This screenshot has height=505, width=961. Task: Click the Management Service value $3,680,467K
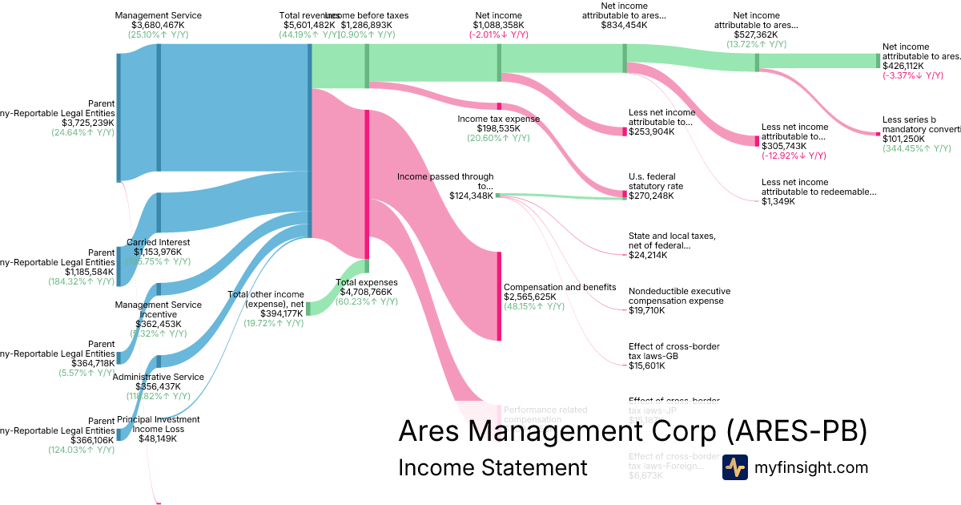coord(159,25)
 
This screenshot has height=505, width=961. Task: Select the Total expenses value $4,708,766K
coord(367,292)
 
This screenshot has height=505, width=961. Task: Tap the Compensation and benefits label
coord(560,287)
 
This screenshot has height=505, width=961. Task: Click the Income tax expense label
coord(498,119)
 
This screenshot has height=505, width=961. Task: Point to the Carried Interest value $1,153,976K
coord(159,252)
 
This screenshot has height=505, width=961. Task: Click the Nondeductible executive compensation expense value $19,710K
coord(649,310)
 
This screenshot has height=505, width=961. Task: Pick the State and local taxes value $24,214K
coord(649,255)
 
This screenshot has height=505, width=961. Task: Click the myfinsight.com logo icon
coord(735,467)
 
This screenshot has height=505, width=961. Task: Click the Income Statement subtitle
coord(493,467)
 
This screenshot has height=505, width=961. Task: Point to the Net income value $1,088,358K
coord(498,25)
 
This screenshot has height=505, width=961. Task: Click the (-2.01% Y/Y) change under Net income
coord(498,34)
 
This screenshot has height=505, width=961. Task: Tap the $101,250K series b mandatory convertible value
coord(903,138)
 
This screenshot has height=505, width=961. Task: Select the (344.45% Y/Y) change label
coord(917,148)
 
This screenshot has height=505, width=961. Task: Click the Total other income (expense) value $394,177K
coord(282,313)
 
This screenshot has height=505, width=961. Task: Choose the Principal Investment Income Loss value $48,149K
coord(159,438)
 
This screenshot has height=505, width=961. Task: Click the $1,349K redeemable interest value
coord(778,201)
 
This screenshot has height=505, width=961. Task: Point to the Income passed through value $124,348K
coord(471,196)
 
